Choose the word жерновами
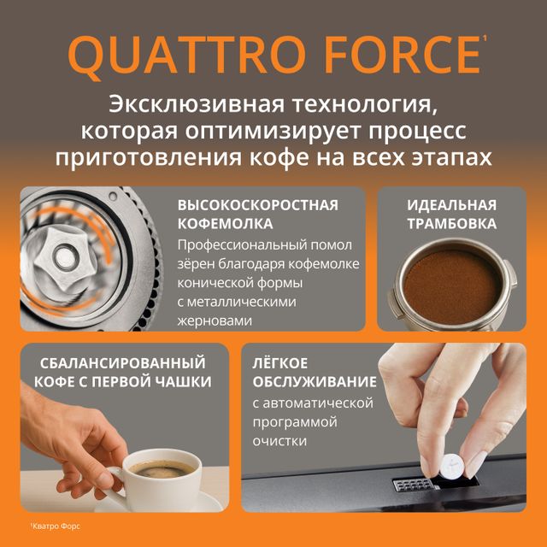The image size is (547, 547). point(215,321)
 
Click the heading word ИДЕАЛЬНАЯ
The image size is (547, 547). point(451,205)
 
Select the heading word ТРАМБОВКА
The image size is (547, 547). point(451,225)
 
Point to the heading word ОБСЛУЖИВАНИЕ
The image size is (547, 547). point(314,381)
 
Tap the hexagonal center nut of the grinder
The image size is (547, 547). point(66,252)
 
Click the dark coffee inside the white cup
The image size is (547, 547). point(162,468)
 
